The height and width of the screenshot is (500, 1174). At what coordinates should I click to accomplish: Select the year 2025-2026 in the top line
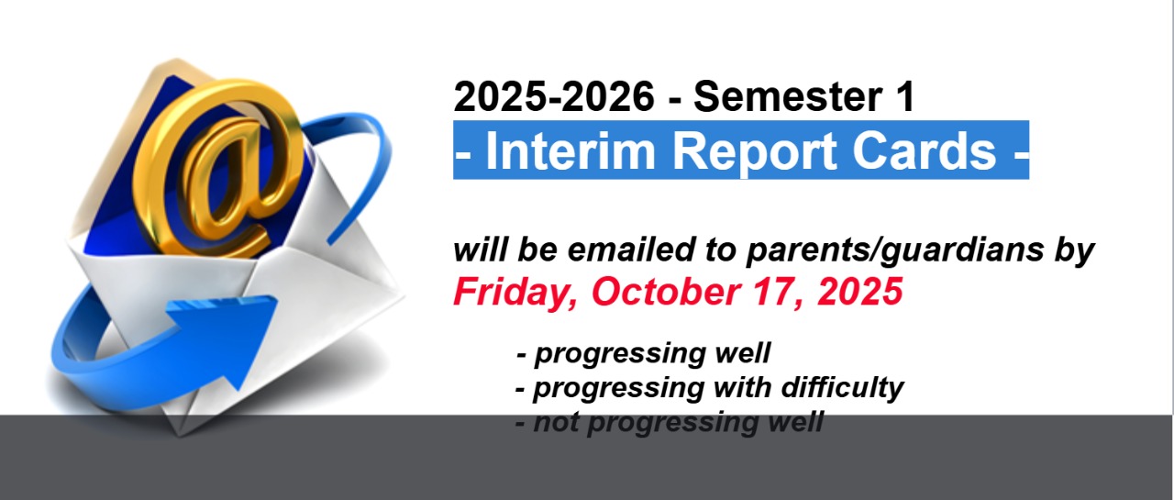coord(554,96)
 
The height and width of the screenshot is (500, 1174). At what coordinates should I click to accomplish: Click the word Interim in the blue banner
coord(570,151)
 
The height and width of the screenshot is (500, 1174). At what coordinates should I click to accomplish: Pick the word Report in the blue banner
coord(754,153)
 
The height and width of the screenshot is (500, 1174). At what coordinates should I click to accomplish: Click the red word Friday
coord(516,293)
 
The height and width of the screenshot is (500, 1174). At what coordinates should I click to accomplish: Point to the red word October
coord(666,292)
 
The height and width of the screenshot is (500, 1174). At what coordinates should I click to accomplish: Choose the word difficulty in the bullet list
coord(842,389)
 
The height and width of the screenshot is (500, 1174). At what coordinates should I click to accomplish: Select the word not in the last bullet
coord(556,423)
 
